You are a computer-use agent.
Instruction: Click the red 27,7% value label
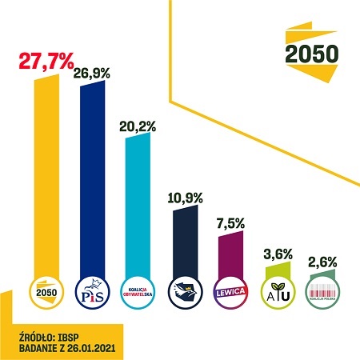pyautogui.click(x=46, y=62)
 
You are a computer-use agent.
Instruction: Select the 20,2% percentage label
pyautogui.click(x=137, y=125)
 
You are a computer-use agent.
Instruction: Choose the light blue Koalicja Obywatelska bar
pyautogui.click(x=138, y=204)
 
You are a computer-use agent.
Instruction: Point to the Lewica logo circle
pyautogui.click(x=230, y=290)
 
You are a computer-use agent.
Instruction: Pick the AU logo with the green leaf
pyautogui.click(x=277, y=290)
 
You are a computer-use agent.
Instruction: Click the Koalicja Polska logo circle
pyautogui.click(x=322, y=290)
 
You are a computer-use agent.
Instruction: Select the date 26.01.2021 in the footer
pyautogui.click(x=88, y=346)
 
